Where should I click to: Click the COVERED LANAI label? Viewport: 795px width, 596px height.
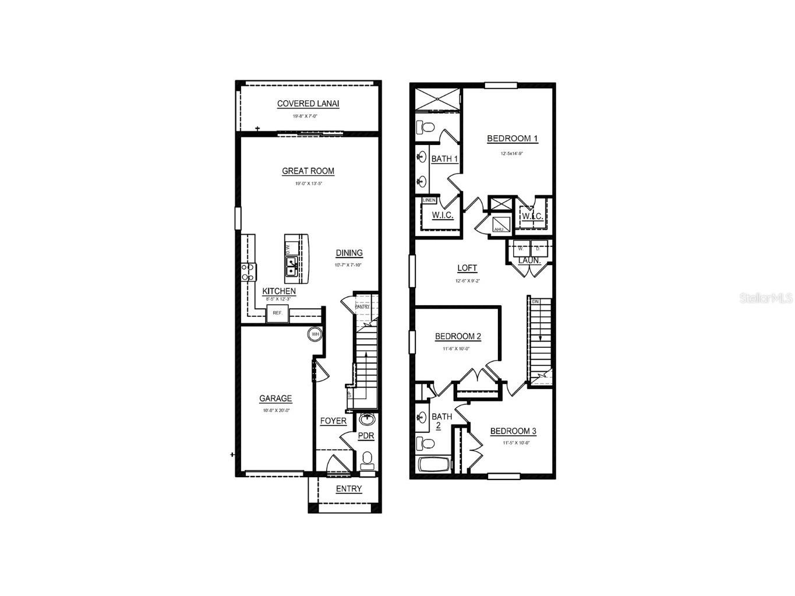point(308,104)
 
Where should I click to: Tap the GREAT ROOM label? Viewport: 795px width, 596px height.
point(308,171)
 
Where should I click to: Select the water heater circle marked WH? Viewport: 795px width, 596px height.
point(315,334)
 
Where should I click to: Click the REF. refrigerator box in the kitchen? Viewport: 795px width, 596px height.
point(278,313)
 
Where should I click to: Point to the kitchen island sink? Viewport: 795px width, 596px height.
point(291,267)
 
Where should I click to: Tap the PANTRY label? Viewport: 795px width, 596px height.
point(362,306)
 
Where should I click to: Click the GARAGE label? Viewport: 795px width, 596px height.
point(275,398)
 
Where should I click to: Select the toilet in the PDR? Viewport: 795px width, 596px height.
point(367,460)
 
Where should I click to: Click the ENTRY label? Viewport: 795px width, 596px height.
point(349,489)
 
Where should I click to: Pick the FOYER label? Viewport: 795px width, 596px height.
point(333,421)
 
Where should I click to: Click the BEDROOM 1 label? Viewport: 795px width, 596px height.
point(512,138)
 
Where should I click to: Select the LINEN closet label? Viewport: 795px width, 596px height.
point(429,200)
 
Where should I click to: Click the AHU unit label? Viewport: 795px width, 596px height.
point(499,230)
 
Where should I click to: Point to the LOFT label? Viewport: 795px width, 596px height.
point(467,268)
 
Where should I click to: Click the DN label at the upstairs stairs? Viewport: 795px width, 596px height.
point(535,302)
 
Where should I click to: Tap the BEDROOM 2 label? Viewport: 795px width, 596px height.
point(458,336)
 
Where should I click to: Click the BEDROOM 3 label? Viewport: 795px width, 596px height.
point(513,431)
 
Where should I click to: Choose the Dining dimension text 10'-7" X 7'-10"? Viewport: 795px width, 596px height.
point(348,265)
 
